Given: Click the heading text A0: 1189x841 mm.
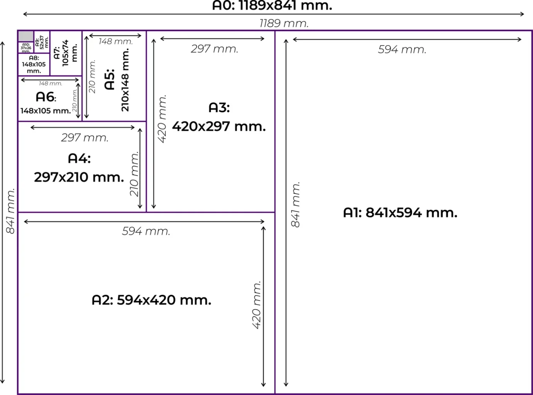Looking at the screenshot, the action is click(x=272, y=5).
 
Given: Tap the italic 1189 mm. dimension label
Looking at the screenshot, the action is click(x=284, y=24).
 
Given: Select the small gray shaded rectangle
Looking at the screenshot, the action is click(x=26, y=36).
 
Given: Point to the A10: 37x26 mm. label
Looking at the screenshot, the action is click(x=26, y=48).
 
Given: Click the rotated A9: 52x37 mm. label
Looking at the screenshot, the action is click(x=42, y=42).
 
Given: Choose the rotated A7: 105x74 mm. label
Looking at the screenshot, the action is click(x=66, y=53).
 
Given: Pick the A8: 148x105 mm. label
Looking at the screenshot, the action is click(x=34, y=64).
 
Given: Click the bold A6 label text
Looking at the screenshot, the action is click(x=45, y=97).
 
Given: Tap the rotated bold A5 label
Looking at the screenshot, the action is click(x=110, y=79).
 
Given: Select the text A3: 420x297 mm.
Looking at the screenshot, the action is click(x=219, y=117).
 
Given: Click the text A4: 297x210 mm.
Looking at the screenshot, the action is click(x=79, y=168).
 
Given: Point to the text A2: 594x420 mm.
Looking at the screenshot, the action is click(x=151, y=300).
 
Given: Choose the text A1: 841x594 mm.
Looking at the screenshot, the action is click(x=400, y=213).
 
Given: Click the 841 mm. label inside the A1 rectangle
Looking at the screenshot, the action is click(x=296, y=204).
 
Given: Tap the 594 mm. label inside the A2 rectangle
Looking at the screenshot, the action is click(x=146, y=231).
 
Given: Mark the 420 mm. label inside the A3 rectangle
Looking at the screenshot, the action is click(x=162, y=119).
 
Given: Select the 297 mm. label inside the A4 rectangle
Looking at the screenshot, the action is click(x=85, y=138).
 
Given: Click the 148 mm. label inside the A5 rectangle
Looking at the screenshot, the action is click(x=115, y=42).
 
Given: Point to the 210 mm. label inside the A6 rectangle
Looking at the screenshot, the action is click(x=75, y=100).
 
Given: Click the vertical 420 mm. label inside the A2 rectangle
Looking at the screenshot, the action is click(x=256, y=305).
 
